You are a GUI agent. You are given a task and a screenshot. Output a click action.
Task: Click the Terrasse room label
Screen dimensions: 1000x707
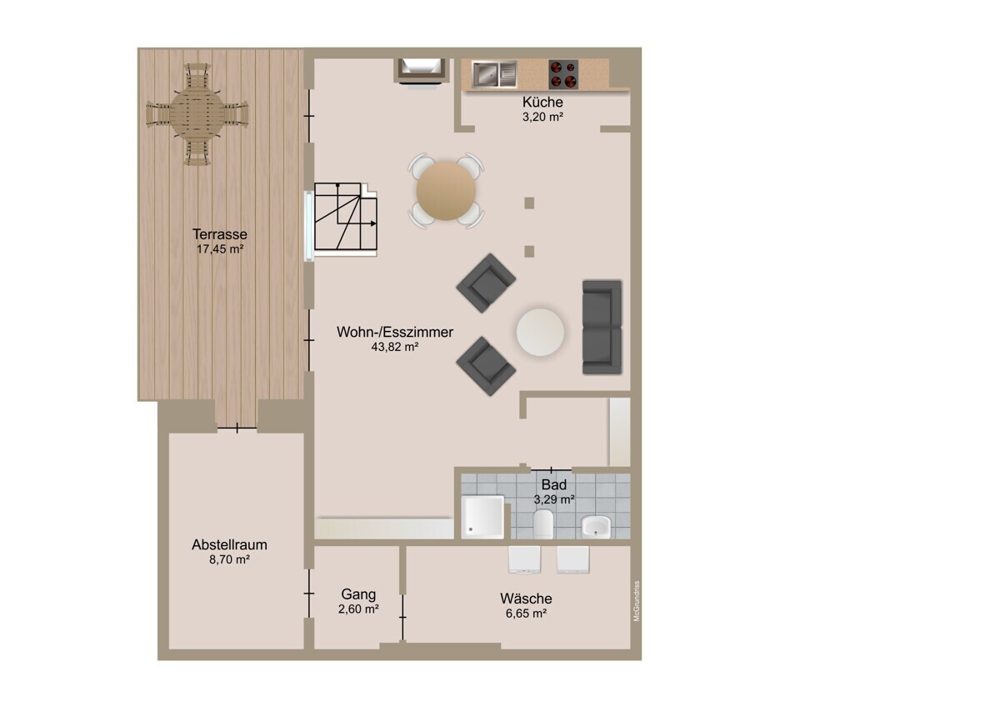coord(220,234)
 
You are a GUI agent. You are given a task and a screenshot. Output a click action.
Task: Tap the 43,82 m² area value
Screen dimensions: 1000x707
coord(395,347)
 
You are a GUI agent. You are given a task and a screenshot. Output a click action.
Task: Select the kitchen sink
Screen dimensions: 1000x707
coord(494,74)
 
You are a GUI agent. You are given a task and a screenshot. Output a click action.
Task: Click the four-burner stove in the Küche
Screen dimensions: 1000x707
coord(563,74)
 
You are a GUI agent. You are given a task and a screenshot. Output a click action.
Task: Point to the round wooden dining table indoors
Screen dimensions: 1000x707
coord(446,191)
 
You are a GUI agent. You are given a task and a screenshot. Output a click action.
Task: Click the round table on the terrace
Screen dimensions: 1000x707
coord(197,114)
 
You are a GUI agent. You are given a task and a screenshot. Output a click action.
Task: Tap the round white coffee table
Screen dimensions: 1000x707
coord(540,333)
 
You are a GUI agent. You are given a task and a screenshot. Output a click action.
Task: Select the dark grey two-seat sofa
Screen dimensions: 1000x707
coord(602,328)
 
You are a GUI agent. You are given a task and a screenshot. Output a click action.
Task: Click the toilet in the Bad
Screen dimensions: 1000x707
coord(543,524)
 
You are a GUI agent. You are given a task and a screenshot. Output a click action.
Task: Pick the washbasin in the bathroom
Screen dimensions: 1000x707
coord(596,527)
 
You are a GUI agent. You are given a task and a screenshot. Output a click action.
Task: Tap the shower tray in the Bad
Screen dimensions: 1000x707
coord(482,517)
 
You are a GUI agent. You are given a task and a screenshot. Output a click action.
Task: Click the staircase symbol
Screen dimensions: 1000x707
coord(346,216)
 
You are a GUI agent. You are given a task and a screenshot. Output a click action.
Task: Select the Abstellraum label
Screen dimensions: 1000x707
coord(229,544)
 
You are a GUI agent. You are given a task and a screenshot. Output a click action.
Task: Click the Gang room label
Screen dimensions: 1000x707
coord(358,594)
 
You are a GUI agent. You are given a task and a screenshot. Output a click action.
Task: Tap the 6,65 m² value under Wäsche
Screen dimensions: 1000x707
coord(526,614)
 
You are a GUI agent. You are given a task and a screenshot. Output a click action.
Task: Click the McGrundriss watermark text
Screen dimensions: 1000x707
coord(637,601)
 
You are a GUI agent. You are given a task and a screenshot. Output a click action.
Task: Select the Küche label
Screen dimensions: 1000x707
coord(542,102)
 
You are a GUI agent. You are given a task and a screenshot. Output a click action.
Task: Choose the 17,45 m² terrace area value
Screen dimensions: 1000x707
coord(220,249)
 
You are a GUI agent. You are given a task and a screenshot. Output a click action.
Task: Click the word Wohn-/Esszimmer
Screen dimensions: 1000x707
coord(395,332)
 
